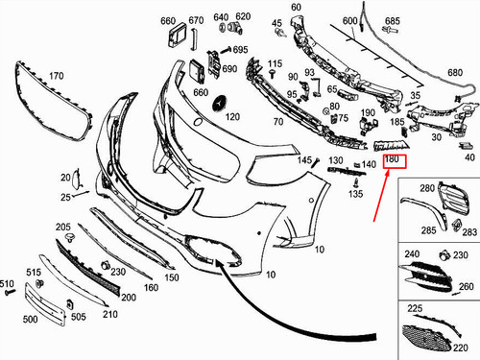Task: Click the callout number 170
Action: point(57,75)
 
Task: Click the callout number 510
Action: point(8,284)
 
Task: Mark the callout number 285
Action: point(427,229)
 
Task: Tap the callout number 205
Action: point(63,228)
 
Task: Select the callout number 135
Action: point(355,194)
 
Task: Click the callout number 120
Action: point(232,116)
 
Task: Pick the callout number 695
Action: point(240,50)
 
